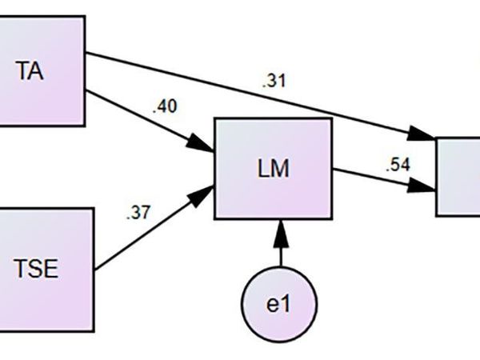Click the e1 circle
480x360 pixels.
(x=280, y=305)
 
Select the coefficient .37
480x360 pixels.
(x=138, y=214)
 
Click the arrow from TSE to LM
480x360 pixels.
(x=152, y=233)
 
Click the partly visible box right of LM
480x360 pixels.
(x=458, y=176)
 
